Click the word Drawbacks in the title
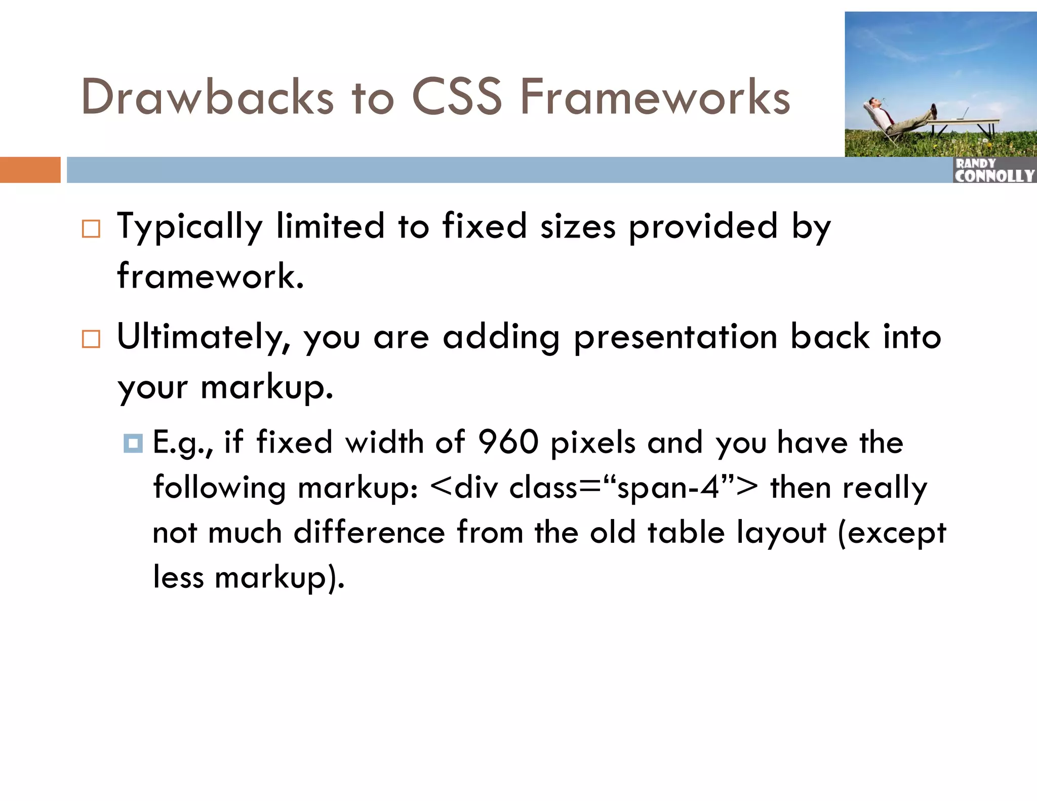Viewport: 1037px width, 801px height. tap(207, 97)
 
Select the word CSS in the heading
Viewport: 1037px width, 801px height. tap(457, 97)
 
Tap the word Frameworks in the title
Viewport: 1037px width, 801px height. tap(655, 97)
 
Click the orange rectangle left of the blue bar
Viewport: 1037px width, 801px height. tap(30, 170)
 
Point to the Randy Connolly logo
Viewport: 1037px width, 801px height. tap(994, 171)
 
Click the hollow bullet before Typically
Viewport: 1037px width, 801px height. tap(91, 229)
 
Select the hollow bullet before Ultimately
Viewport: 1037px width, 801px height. tap(91, 339)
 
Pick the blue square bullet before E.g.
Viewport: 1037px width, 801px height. tap(133, 444)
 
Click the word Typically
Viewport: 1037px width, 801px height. tap(190, 227)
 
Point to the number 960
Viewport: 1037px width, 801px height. tap(508, 442)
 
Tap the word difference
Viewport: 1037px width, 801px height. tap(369, 533)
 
